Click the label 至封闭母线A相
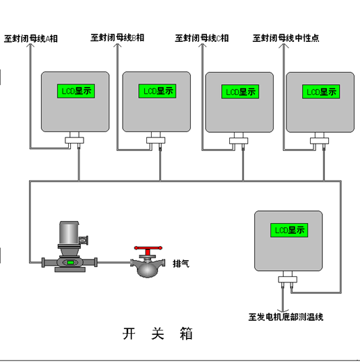point(31,38)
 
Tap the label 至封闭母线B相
point(117,38)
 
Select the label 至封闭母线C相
point(202,38)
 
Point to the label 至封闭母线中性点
point(286,38)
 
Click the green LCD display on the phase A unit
point(76,91)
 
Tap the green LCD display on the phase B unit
point(157,91)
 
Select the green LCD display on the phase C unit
point(240,92)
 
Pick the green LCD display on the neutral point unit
point(321,92)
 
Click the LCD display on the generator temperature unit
point(289,230)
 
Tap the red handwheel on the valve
point(148,249)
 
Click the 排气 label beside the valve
point(181,264)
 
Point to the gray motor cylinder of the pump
point(69,233)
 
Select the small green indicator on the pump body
point(70,262)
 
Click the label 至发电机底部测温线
point(286,317)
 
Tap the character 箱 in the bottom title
point(186,334)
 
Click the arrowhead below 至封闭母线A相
point(30,45)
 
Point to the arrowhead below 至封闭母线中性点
point(284,45)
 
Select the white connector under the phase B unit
point(156,140)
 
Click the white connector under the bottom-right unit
point(287,279)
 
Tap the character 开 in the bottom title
point(129,334)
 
